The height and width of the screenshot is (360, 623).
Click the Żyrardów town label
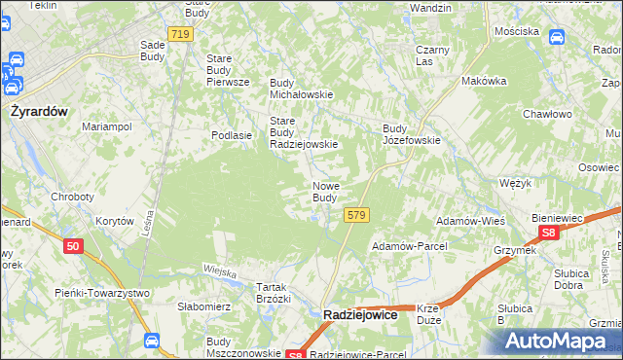coord(38,111)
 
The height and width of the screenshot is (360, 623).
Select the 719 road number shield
coord(179,34)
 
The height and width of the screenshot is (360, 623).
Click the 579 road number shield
coord(356,214)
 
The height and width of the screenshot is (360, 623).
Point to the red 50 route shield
coord(73,247)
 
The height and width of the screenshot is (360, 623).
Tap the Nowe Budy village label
coord(325,192)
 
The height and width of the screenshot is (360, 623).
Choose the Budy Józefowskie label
coord(412,134)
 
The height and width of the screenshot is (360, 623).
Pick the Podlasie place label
coord(233,135)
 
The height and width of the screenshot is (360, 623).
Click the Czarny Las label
coord(431,55)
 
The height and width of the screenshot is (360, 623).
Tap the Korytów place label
coord(115,221)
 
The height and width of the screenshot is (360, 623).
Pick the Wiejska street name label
coord(221,271)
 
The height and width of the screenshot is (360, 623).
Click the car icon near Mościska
coord(557,37)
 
